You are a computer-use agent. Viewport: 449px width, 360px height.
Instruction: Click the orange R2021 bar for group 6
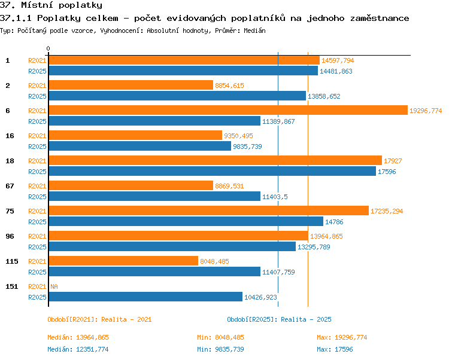coord(228,110)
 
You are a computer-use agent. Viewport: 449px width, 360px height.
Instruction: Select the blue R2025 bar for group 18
coord(212,171)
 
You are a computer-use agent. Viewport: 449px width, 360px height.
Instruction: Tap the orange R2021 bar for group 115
coord(123,261)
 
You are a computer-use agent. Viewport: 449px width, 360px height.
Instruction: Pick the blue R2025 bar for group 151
coord(145,297)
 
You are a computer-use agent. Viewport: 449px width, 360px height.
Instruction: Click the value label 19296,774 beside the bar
coord(426,111)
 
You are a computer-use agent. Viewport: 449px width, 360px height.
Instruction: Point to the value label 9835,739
coord(247,147)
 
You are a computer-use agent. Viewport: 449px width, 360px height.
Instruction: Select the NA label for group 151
coord(54,286)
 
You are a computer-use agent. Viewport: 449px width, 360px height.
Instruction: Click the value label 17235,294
coord(387,211)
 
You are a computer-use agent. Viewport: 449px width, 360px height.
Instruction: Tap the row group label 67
coord(10,186)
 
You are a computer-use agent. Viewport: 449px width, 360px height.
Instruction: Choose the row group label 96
coord(10,236)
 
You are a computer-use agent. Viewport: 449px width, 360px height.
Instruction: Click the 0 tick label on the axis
coord(48,48)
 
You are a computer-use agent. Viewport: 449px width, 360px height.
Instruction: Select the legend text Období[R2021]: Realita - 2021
coord(99,319)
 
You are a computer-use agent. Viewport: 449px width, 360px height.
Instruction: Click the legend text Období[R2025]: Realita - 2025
coord(279,319)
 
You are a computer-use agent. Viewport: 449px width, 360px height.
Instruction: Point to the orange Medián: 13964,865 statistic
coord(78,337)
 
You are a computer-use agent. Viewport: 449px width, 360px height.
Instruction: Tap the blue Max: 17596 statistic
coord(335,349)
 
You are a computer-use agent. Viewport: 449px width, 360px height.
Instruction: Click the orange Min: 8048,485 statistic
coord(220,337)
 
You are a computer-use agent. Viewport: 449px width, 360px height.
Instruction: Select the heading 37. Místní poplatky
coord(51,5)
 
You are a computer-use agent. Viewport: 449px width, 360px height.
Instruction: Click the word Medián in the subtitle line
coord(254,30)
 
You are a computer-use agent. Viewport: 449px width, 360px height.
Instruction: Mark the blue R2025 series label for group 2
coord(37,96)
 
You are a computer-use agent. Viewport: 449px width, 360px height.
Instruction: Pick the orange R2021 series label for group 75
coord(37,211)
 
